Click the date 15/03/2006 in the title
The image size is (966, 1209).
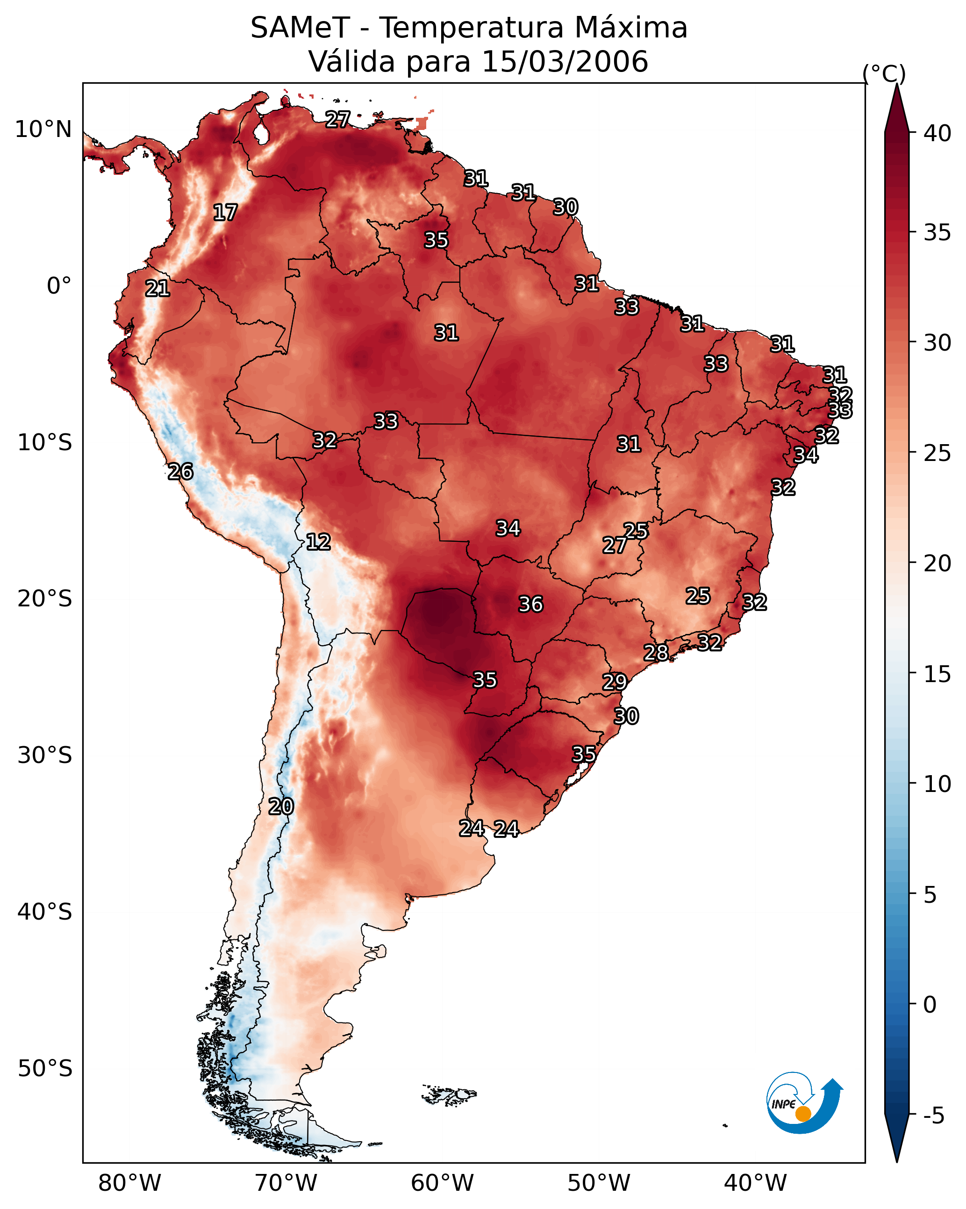565,61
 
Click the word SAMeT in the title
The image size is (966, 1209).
301,28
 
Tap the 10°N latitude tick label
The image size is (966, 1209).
43,130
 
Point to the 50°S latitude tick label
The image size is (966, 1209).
45,1068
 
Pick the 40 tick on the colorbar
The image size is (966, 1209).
937,133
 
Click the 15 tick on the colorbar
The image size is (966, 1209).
937,674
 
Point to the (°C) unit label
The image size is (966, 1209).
884,74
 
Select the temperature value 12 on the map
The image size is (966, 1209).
318,542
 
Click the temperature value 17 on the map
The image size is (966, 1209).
225,213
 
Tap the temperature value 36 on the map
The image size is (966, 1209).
530,604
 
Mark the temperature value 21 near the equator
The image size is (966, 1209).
157,289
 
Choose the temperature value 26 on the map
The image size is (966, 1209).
180,472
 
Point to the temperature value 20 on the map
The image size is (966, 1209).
281,806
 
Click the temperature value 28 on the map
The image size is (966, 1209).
656,652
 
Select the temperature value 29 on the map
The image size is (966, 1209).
615,682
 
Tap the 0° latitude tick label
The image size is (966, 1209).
59,286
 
